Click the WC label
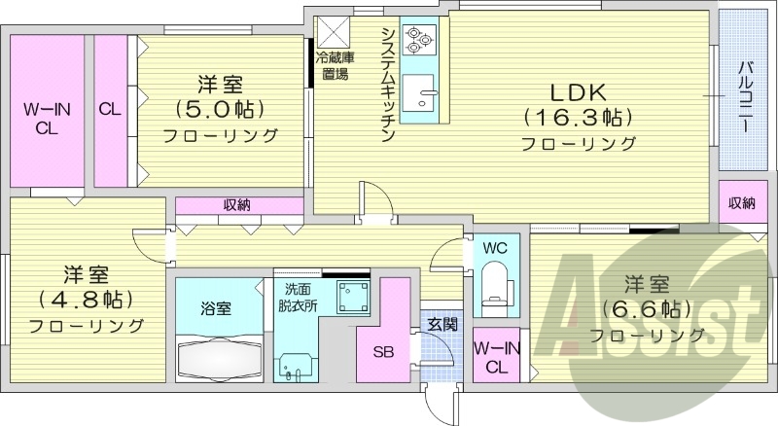[496, 248]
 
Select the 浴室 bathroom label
[216, 308]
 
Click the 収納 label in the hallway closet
[237, 204]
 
